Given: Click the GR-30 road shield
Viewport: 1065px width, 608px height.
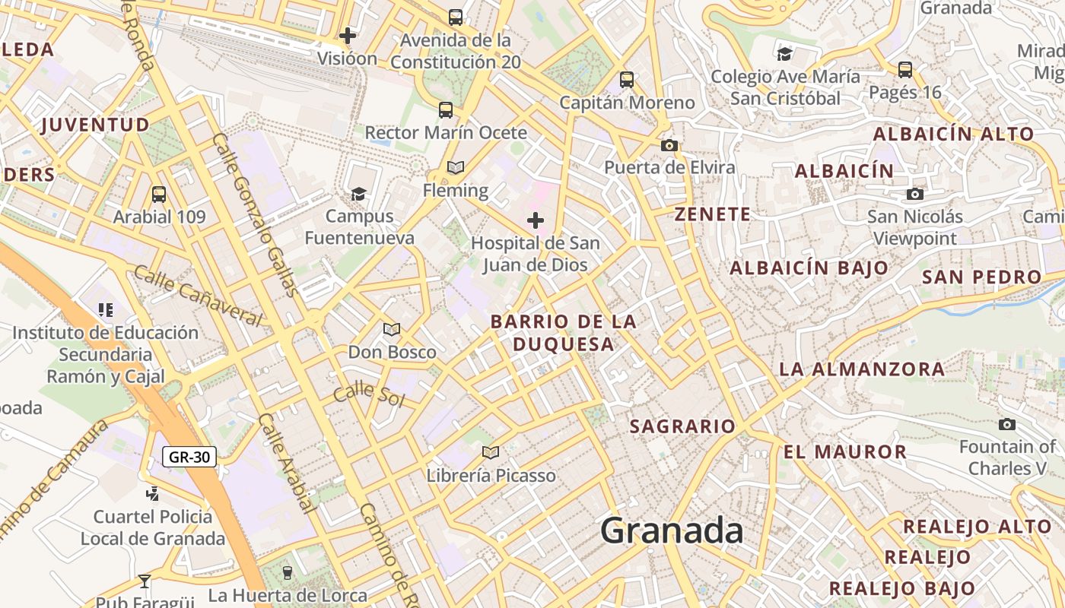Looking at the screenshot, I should [189, 457].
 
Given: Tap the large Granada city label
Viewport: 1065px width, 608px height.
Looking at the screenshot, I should [672, 530].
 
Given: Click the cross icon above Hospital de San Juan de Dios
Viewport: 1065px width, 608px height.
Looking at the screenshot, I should [536, 220].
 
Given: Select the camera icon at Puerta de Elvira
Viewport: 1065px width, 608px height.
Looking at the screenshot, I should [669, 145].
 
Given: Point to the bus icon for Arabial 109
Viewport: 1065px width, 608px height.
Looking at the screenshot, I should [159, 194].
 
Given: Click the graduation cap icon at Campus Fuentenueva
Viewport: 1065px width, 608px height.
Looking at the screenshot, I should [358, 194].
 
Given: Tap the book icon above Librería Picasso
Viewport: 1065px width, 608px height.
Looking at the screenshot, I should [491, 453].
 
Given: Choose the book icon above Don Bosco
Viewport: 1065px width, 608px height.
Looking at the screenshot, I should [392, 329].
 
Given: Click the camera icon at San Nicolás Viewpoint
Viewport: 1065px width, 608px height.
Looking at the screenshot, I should [915, 194].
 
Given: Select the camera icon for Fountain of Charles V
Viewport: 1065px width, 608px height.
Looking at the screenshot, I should [1007, 424].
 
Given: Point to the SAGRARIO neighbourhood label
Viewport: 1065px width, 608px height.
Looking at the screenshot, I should [682, 426].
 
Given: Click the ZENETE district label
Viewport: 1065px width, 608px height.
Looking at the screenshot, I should [713, 214].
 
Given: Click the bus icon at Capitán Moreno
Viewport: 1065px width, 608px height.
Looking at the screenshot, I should [627, 79].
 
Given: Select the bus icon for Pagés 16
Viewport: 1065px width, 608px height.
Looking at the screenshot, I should [905, 70].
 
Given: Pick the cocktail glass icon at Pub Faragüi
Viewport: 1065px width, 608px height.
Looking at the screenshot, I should [145, 582].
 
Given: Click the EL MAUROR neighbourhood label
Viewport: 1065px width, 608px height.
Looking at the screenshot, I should [845, 452].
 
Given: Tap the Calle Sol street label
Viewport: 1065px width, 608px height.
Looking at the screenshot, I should [370, 394].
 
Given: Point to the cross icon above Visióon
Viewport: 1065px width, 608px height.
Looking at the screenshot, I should [348, 35].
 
